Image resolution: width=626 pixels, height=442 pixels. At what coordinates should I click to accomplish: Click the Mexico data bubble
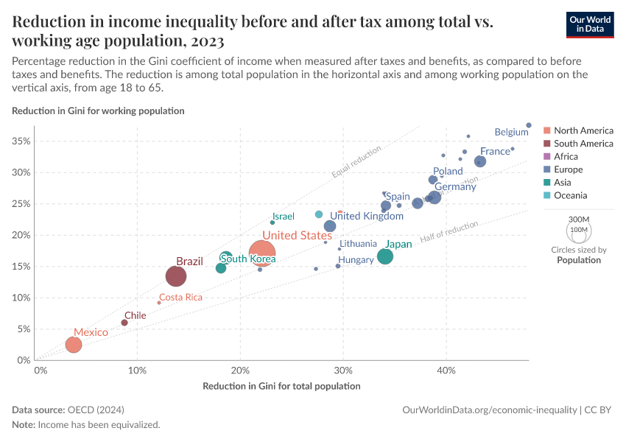click(x=73, y=345)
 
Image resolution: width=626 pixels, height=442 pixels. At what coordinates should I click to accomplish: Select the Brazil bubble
click(x=176, y=276)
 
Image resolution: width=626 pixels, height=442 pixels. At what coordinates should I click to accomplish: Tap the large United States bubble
click(x=261, y=253)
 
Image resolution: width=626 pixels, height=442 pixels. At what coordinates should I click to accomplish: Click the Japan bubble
click(x=385, y=256)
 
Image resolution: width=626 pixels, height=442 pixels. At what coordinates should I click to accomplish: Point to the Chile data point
click(x=124, y=323)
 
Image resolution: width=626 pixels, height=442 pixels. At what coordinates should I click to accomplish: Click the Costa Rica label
click(x=180, y=298)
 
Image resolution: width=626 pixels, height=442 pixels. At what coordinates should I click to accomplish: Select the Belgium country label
click(x=511, y=132)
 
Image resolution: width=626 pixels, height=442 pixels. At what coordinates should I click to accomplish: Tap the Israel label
click(x=284, y=217)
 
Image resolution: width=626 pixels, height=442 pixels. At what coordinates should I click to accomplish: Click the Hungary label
click(x=356, y=260)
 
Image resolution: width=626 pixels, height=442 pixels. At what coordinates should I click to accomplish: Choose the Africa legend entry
click(x=566, y=156)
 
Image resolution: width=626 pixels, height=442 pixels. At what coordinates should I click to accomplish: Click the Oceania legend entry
click(x=570, y=195)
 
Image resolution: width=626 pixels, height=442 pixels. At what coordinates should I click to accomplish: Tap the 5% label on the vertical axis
click(x=23, y=329)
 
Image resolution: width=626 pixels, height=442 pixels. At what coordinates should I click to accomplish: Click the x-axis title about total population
click(x=281, y=386)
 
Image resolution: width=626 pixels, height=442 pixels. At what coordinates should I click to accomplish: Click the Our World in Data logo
click(x=590, y=24)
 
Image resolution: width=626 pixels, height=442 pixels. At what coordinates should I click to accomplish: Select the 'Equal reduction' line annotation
click(x=356, y=162)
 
